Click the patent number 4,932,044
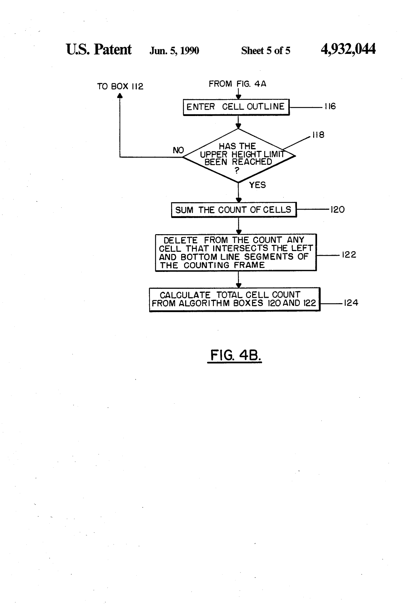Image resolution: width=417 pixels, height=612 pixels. (x=348, y=50)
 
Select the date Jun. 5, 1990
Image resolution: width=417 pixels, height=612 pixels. (x=174, y=51)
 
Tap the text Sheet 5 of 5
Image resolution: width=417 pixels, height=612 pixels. (x=266, y=51)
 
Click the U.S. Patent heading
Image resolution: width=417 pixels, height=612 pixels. (x=99, y=50)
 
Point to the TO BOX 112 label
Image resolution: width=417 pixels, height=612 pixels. (x=120, y=86)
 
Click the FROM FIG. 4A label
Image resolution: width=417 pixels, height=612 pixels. (x=237, y=84)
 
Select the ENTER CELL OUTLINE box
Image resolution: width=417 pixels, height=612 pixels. (x=236, y=107)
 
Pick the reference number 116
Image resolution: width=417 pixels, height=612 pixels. (x=330, y=106)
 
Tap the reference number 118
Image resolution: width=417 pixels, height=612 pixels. (x=318, y=135)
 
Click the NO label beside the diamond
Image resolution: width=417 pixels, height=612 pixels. (x=178, y=150)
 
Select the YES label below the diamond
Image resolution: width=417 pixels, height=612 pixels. (x=257, y=185)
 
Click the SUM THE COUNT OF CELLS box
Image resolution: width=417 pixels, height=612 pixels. (x=234, y=210)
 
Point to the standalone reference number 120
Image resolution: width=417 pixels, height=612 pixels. (x=338, y=209)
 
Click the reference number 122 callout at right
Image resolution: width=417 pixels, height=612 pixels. (x=349, y=255)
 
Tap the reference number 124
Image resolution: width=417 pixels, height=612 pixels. (x=351, y=303)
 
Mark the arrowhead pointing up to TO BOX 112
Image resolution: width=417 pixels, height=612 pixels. (x=120, y=96)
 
